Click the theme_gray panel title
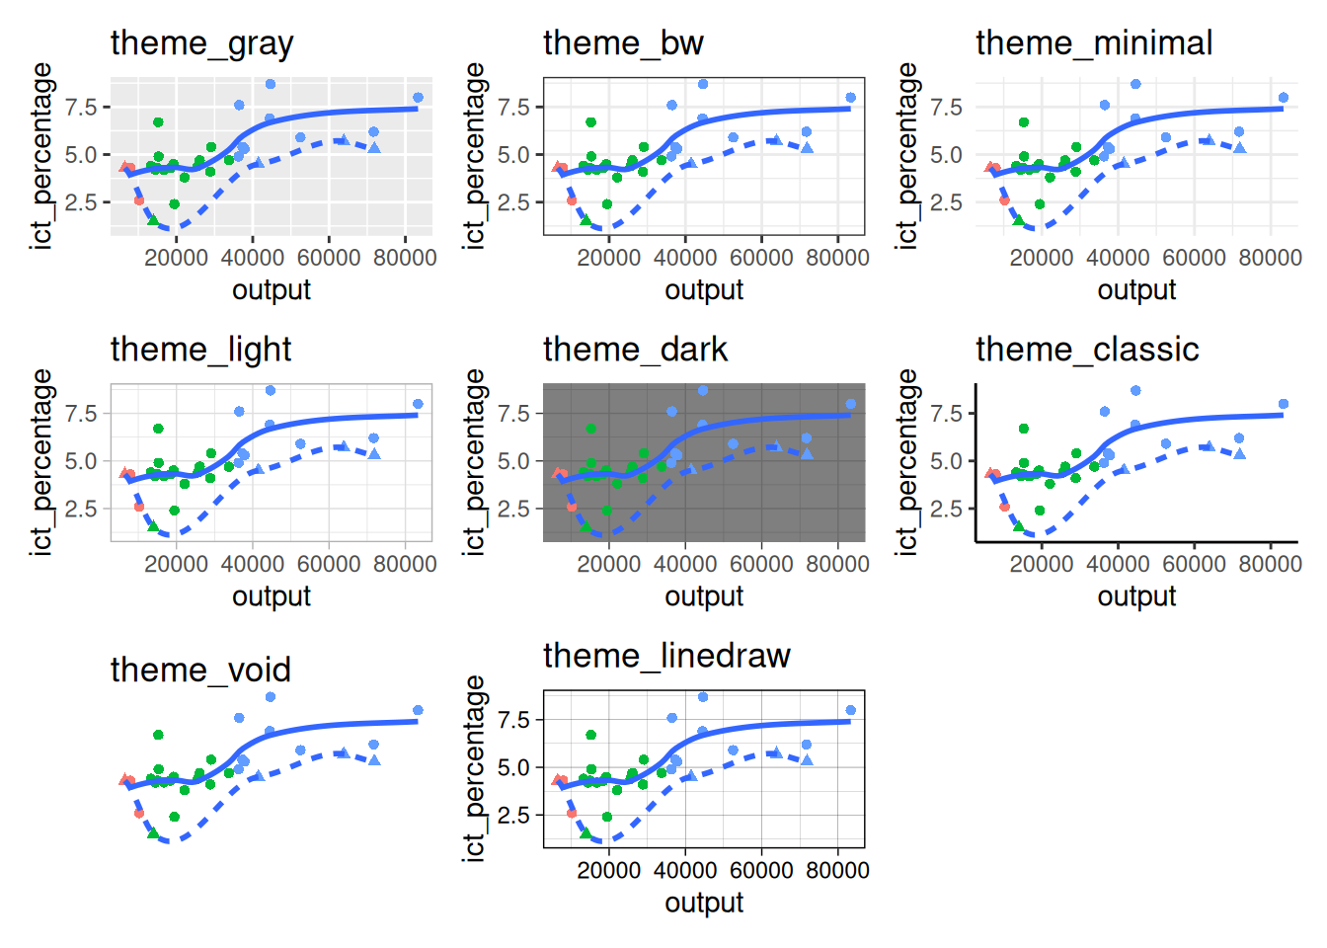[201, 43]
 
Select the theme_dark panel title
[635, 350]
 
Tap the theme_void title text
[200, 671]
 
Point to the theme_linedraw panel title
[666, 656]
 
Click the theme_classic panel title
[1087, 350]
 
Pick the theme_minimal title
[1094, 43]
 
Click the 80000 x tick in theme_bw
[837, 258]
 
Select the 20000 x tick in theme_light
[176, 564]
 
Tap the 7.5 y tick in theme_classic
[946, 413]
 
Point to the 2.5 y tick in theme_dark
[513, 509]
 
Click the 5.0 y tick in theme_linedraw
[513, 767]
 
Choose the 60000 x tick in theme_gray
[329, 258]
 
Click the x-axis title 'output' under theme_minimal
[1136, 290]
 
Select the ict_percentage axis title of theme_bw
[475, 156]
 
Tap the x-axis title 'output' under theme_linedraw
[704, 903]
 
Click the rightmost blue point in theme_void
[418, 711]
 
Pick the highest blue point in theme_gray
[271, 84]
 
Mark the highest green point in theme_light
[158, 429]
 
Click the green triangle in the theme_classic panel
[1018, 526]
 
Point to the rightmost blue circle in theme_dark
[850, 404]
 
